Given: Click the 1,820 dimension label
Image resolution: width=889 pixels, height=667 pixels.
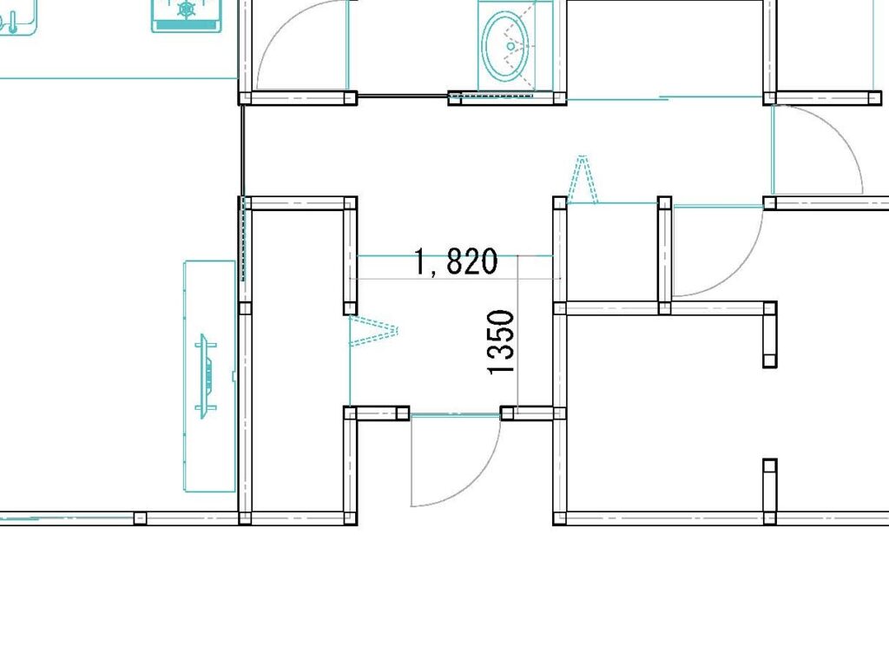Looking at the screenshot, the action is pos(456,261).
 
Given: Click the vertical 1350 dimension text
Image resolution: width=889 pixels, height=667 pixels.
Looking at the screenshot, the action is pos(501,342).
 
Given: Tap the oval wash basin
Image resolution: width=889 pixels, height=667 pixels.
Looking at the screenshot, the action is pos(506,46).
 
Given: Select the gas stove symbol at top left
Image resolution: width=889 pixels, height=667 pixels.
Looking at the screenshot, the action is pos(186,15).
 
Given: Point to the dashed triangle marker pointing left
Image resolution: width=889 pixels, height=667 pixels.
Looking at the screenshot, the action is pos(373,331).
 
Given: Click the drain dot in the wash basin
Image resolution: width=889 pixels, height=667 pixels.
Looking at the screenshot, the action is pos(510,47).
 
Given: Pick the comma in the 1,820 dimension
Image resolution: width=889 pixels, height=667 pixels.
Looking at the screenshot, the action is pos(434,272).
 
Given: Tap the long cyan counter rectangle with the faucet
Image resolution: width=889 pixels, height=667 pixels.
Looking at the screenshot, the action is pos(210,377).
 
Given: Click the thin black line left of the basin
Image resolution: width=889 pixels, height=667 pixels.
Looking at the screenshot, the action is pos(403,96).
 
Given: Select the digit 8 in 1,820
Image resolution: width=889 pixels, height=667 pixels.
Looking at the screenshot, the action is pos(457,261).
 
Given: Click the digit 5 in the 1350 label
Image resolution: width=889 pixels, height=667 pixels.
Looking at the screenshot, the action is pos(501,336).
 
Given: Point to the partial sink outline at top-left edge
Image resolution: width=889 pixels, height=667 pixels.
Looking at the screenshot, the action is pos(18,17).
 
